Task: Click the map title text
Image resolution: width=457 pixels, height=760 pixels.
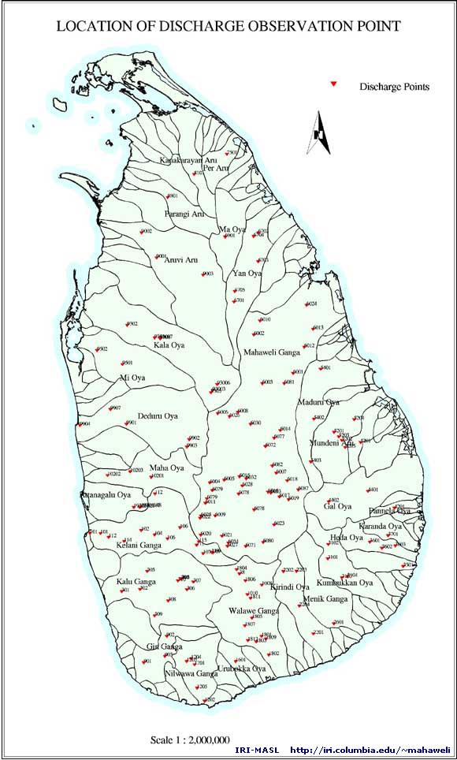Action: point(228,26)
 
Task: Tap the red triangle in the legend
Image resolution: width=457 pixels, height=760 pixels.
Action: point(334,83)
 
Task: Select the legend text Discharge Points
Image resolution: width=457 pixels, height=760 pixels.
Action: point(394,86)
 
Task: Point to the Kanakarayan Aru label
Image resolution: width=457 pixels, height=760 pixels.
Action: point(188,160)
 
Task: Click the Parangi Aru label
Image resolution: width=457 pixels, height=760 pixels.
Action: point(184,214)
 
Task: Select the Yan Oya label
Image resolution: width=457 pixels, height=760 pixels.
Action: point(247,274)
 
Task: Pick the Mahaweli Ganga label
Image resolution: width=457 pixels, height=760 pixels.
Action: point(271,352)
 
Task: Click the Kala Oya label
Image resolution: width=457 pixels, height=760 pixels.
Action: point(169,345)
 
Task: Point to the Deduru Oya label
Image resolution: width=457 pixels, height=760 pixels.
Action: point(158,415)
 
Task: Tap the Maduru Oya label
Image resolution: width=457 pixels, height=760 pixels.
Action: point(318,402)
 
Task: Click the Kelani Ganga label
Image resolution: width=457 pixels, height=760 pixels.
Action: point(139,545)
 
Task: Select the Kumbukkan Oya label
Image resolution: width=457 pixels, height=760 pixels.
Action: point(344,583)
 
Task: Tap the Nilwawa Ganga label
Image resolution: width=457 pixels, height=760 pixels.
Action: point(191,674)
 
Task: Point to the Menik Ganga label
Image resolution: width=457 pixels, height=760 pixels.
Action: point(325,599)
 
